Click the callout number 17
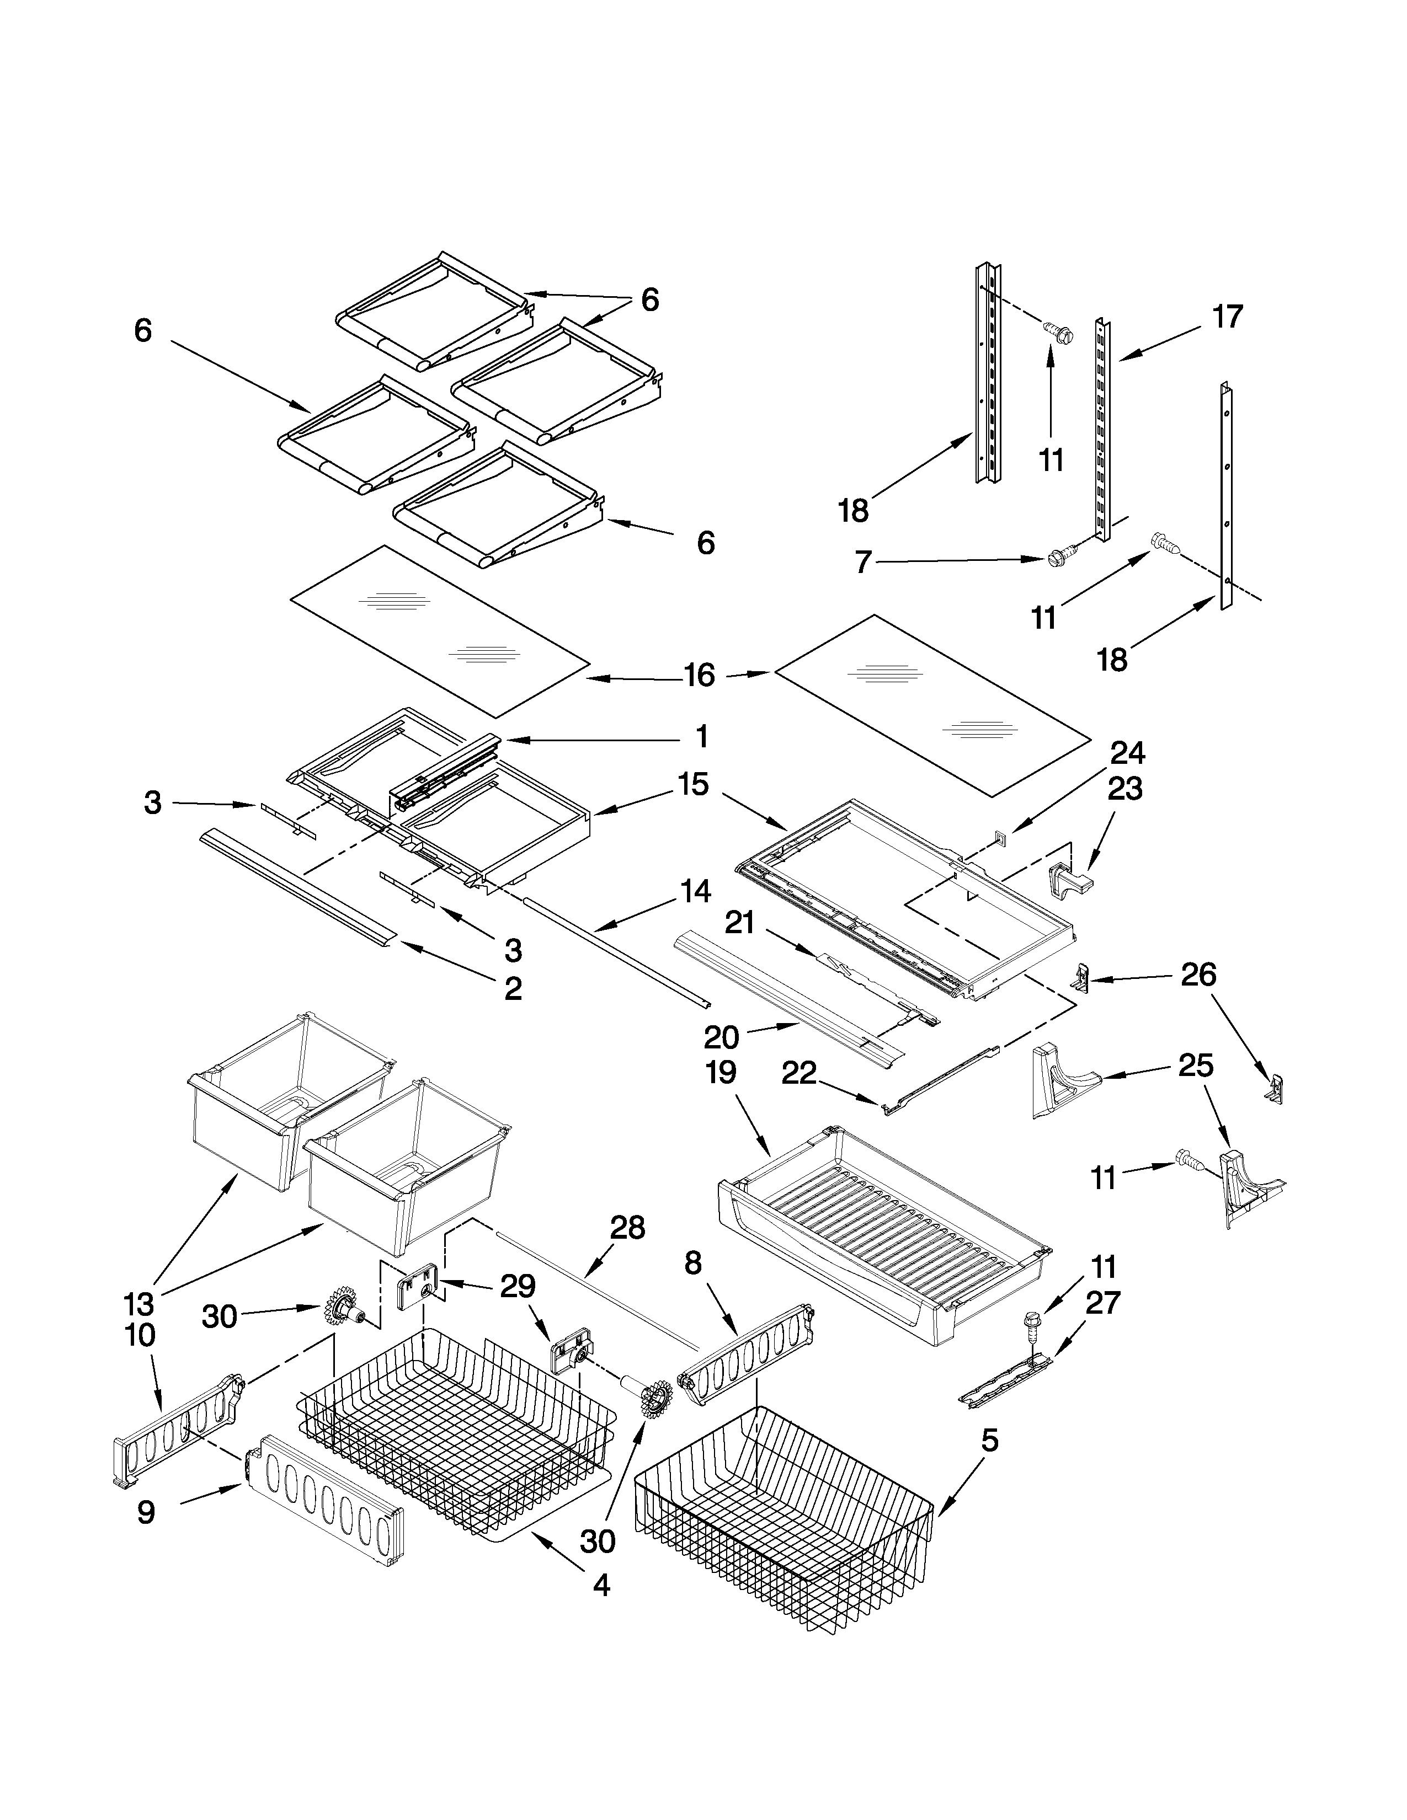(1227, 318)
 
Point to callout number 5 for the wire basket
(989, 1440)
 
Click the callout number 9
(146, 1512)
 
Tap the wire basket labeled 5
(784, 1525)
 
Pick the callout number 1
(702, 737)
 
